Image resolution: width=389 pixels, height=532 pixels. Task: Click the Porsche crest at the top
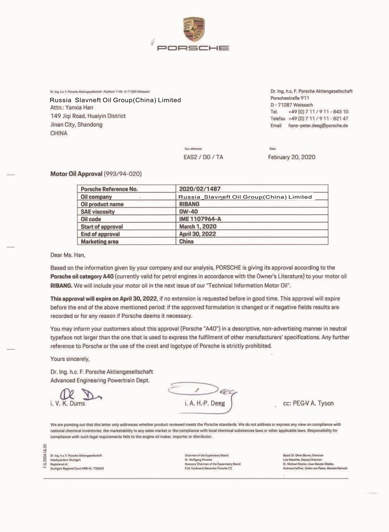click(x=194, y=29)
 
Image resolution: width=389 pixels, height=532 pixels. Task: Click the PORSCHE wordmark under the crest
click(x=194, y=48)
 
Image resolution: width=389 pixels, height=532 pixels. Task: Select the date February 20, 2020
click(x=292, y=157)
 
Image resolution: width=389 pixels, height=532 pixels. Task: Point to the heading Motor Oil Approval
click(x=76, y=174)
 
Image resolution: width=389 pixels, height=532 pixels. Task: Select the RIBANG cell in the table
click(x=190, y=204)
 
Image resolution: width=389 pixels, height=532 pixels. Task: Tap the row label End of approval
click(x=100, y=234)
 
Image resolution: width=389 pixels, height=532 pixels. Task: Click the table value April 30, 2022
click(x=199, y=234)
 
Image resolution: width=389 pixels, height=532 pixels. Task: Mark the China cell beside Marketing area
click(x=186, y=241)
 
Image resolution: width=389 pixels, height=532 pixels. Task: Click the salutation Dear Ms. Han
click(x=71, y=255)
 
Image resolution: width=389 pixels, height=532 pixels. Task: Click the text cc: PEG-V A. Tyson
click(x=308, y=404)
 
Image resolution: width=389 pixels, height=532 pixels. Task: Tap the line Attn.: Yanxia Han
click(x=71, y=108)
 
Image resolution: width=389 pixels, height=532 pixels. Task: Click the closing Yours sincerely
click(x=70, y=359)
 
